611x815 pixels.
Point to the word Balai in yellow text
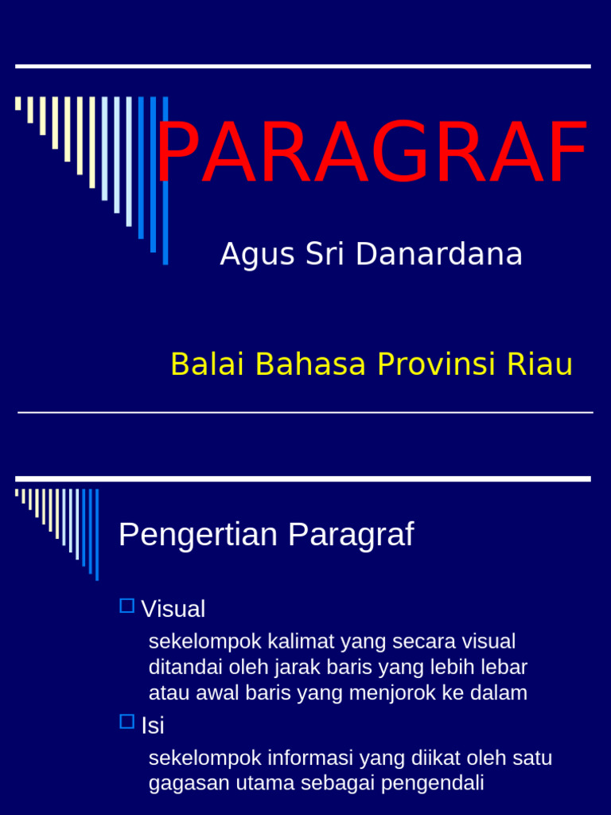pos(200,365)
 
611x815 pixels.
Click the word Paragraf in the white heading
pos(351,534)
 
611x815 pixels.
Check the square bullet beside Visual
pos(126,606)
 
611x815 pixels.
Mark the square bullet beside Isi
pos(126,722)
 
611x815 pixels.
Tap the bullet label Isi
pos(152,725)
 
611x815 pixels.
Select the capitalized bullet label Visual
pos(173,609)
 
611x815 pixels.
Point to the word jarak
pos(286,667)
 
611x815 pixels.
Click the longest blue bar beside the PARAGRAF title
pos(165,181)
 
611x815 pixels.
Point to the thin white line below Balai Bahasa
pos(305,412)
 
